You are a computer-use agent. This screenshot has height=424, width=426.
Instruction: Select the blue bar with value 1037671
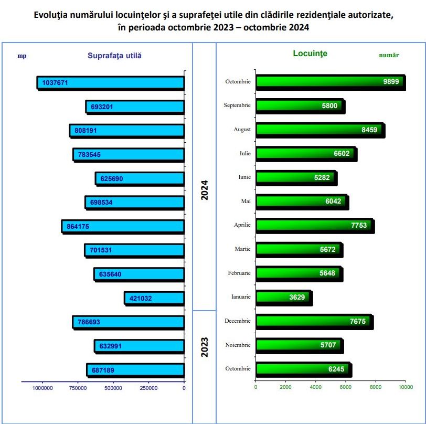[x=110, y=83]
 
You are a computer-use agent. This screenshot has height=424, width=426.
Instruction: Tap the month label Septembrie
[x=237, y=105]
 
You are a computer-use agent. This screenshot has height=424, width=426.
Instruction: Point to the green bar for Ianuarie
[x=283, y=298]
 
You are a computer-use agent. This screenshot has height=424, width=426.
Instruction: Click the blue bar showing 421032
[x=154, y=298]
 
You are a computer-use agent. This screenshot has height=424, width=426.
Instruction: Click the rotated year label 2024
[x=205, y=190]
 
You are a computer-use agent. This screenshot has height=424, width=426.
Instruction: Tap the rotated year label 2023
[x=205, y=347]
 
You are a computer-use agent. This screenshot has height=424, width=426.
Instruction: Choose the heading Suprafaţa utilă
[x=114, y=55]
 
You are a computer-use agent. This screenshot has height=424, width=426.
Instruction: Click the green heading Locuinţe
[x=310, y=54]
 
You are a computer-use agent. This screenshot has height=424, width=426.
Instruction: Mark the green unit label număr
[x=389, y=55]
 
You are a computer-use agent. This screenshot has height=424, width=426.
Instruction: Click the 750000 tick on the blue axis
[x=78, y=388]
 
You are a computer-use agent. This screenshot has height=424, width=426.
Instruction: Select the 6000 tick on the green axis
[x=345, y=387]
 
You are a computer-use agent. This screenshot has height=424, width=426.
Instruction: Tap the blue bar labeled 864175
[x=123, y=226]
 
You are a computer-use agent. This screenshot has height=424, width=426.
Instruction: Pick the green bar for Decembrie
[x=314, y=321]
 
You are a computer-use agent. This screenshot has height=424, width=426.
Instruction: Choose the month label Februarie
[x=239, y=273]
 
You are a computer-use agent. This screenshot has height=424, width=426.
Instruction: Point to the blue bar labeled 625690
[x=140, y=178]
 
